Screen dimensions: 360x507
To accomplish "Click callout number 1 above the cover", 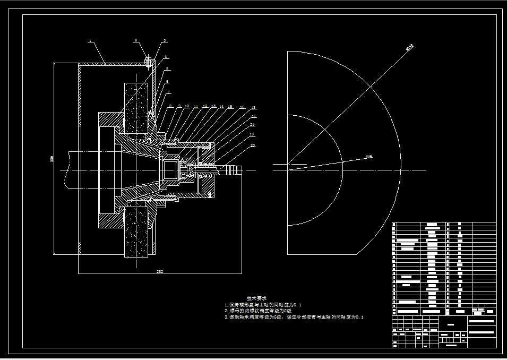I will click(x=90, y=41).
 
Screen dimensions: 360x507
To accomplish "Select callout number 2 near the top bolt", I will click(x=135, y=40).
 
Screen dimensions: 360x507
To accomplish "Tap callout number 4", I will click(x=166, y=56).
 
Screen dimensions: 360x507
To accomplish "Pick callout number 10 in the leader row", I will click(x=187, y=106).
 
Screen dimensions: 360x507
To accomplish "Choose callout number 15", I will click(x=230, y=107).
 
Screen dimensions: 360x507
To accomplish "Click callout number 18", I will click(x=253, y=108).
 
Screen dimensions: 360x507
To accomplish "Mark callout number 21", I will click(x=252, y=125).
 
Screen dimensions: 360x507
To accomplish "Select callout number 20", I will click(x=253, y=145).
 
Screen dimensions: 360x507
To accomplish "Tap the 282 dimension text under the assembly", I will click(x=159, y=272).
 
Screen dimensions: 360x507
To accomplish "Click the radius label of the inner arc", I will click(x=368, y=157).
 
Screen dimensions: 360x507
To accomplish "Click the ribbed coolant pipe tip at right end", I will click(x=233, y=170).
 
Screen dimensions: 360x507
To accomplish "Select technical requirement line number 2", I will click(x=258, y=310).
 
